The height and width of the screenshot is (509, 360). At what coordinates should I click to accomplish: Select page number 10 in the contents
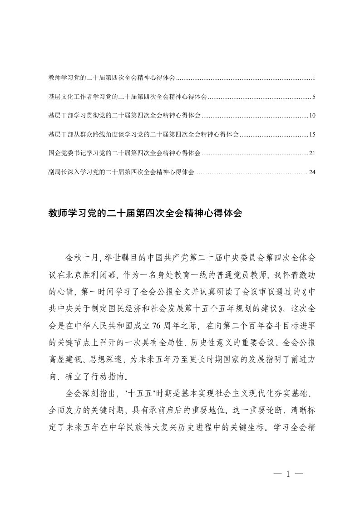click(312, 116)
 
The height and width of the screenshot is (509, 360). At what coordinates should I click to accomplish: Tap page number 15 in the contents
click(312, 135)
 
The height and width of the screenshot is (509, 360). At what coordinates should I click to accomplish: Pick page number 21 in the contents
click(312, 153)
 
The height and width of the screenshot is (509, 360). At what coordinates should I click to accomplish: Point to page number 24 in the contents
click(312, 172)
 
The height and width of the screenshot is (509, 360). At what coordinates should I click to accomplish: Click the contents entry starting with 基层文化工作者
click(128, 97)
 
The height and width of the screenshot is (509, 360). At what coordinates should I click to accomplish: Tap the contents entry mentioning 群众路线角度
click(143, 135)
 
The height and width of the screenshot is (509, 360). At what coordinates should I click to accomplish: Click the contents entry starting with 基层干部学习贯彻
click(124, 116)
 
